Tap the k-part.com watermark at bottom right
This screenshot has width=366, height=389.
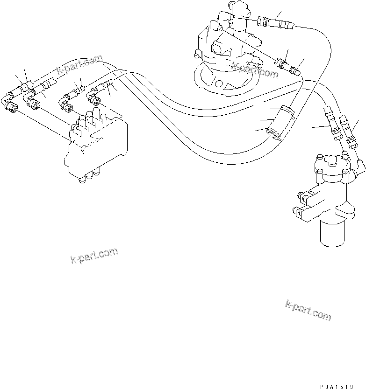[x=308, y=310]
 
